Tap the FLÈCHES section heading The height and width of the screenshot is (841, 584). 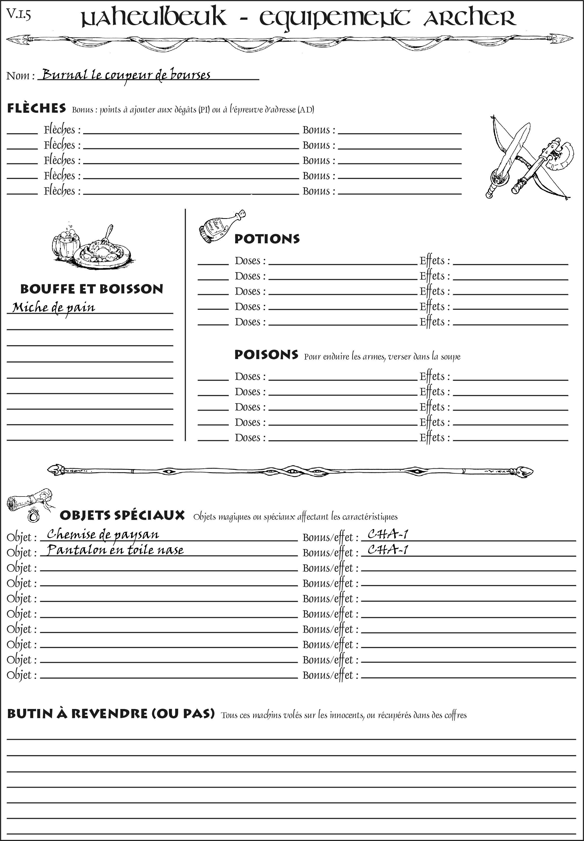coord(37,108)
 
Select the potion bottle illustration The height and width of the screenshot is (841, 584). coord(221,227)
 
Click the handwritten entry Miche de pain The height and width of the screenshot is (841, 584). coord(54,307)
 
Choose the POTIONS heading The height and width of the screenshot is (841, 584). coord(267,239)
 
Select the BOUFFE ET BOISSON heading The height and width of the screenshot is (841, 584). coord(92,289)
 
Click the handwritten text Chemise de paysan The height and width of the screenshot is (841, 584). coord(103,535)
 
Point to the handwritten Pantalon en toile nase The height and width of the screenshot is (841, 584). coord(115,550)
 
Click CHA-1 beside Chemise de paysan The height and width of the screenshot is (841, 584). coord(388,535)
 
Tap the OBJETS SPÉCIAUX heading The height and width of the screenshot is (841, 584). coord(122,515)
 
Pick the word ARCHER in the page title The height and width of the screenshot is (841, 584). coord(470,18)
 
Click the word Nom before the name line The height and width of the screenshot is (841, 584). coord(18,76)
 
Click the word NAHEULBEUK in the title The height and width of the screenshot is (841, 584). coord(154,18)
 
